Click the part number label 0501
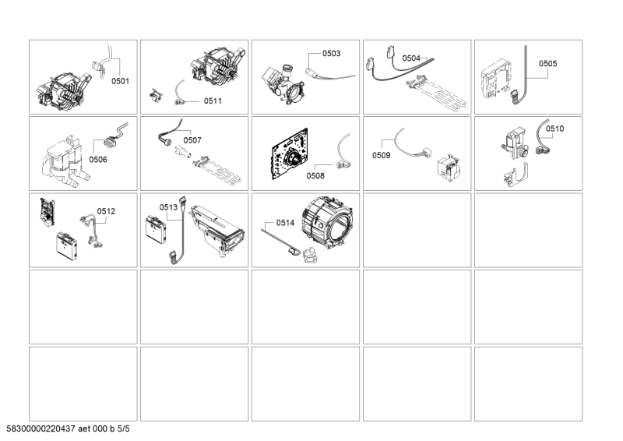[x=120, y=81]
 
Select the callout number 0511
[x=213, y=101]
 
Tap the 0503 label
[x=332, y=53]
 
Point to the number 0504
[x=411, y=58]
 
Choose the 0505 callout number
[x=548, y=63]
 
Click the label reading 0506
[x=98, y=160]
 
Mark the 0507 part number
[x=192, y=140]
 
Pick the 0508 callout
[x=315, y=176]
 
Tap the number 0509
[x=382, y=155]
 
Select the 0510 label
[x=554, y=129]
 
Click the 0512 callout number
[x=106, y=211]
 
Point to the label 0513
[x=168, y=207]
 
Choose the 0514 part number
[x=285, y=223]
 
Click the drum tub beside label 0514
[x=328, y=223]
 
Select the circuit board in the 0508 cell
[x=290, y=153]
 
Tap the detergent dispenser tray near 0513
[x=217, y=231]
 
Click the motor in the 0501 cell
[x=63, y=92]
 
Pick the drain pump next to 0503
[x=283, y=83]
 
